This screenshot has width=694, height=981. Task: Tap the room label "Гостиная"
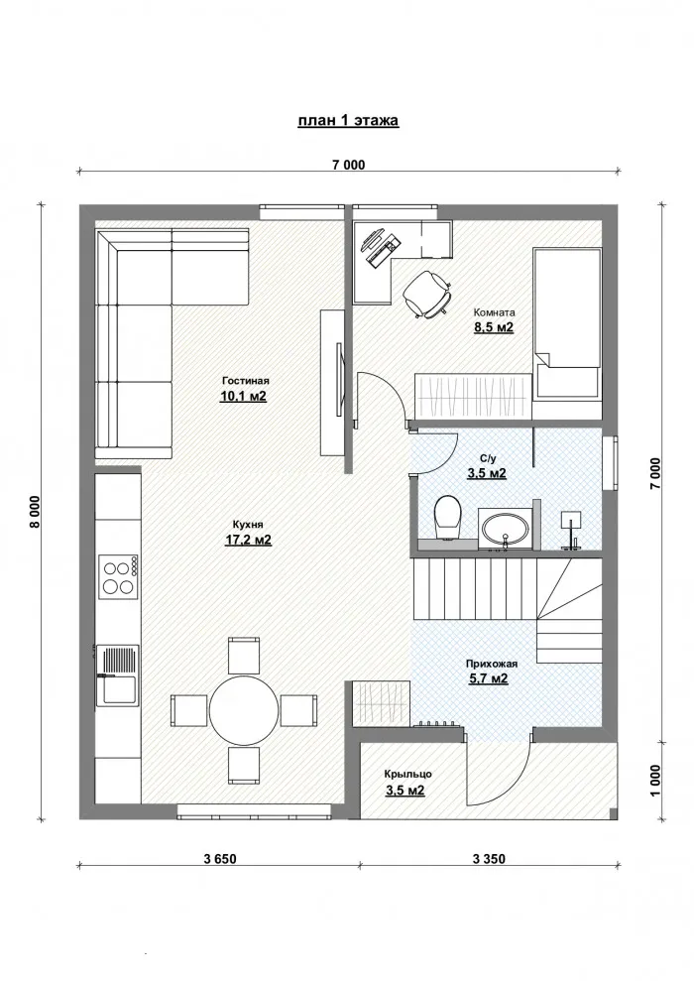(x=244, y=380)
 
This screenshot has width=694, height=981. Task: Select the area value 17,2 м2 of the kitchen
(x=248, y=541)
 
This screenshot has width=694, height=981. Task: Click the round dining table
(x=244, y=710)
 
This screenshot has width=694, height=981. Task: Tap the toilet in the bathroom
(x=447, y=517)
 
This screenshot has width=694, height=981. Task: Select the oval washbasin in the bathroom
(x=505, y=527)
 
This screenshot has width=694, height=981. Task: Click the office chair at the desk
(x=429, y=293)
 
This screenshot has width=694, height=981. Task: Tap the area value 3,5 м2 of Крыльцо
(x=405, y=791)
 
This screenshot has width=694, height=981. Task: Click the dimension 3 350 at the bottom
(x=490, y=859)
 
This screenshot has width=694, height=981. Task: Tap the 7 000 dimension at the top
(x=348, y=166)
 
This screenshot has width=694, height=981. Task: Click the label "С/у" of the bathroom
(x=487, y=458)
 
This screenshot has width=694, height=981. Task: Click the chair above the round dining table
(x=244, y=655)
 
